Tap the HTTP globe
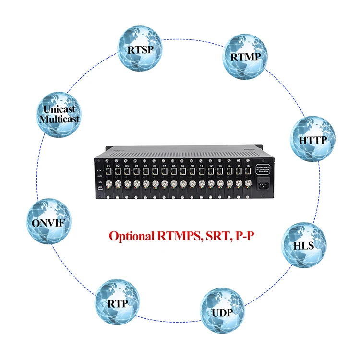tap(312, 140)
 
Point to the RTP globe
tap(118, 303)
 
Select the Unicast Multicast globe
tap(60, 114)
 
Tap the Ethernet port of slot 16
tap(248, 170)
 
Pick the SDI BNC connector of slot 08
tap(174, 183)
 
